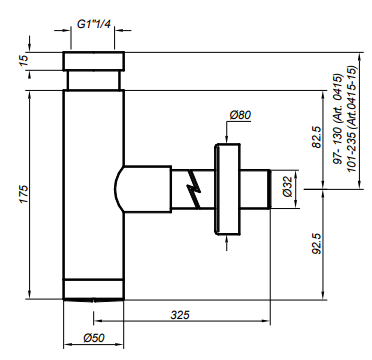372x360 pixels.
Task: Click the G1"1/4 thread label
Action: pyautogui.click(x=93, y=24)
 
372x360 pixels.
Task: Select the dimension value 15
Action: pyautogui.click(x=24, y=60)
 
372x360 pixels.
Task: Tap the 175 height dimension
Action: pyautogui.click(x=24, y=194)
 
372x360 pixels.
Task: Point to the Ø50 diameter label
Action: pyautogui.click(x=94, y=338)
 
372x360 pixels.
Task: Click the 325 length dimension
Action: pyautogui.click(x=180, y=315)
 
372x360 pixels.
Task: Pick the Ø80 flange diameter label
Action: pyautogui.click(x=240, y=115)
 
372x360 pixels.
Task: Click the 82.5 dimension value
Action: pyautogui.click(x=317, y=137)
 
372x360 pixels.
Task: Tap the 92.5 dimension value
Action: pyautogui.click(x=317, y=244)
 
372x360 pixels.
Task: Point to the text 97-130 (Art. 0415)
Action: pyautogui.click(x=338, y=119)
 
